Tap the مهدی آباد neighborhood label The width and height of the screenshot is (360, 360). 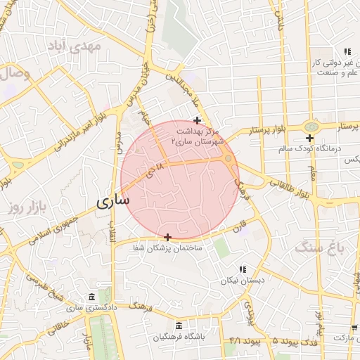point(75,46)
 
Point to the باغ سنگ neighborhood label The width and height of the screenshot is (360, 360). point(314,247)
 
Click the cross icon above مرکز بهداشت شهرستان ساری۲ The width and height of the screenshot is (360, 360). point(197,120)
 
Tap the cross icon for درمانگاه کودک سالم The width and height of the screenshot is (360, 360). point(309,137)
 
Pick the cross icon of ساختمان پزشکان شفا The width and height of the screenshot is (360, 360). point(167,237)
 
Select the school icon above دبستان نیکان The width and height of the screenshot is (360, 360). point(243,269)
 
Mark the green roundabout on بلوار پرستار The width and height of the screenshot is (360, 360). point(309,125)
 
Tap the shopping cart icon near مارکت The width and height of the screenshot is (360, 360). point(354,328)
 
